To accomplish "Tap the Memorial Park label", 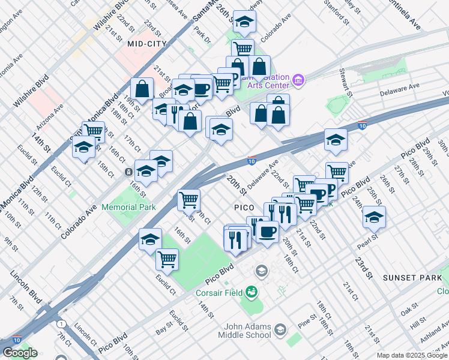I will tap(128, 207).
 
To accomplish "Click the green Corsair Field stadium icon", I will tap(251, 293).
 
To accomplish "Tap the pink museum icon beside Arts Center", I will tap(298, 79).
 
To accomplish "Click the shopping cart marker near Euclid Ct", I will tap(167, 260).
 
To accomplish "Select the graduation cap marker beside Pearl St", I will tap(375, 217).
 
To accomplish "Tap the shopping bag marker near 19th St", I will tap(142, 89).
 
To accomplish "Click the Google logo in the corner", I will tap(20, 353).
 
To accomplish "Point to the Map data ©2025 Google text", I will tap(412, 355).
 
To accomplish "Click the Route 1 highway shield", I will tap(61, 323).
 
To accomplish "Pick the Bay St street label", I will tap(163, 330).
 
